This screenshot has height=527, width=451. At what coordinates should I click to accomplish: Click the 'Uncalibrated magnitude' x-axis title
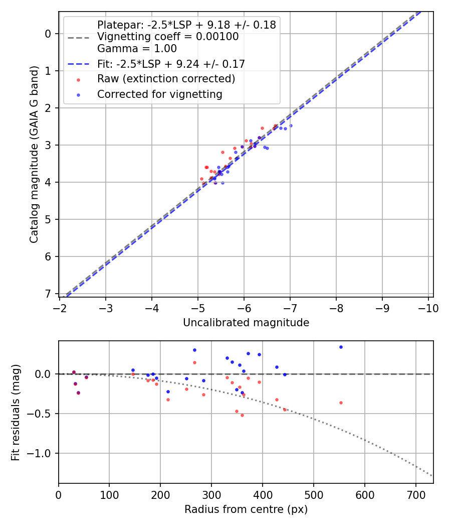[246, 323]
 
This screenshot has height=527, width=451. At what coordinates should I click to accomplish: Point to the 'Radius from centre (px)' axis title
[246, 509]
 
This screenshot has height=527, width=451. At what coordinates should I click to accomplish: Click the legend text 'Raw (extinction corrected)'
[166, 79]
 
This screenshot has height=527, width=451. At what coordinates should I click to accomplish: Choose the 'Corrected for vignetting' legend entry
[159, 94]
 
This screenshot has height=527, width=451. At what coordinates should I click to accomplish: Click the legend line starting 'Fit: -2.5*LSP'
[170, 64]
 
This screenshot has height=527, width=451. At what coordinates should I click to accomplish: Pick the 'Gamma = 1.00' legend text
[137, 49]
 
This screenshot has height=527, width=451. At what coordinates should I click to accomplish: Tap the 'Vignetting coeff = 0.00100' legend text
[168, 37]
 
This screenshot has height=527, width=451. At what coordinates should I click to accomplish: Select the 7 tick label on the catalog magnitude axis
[48, 294]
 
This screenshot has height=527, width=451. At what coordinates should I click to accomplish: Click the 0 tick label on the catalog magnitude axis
[48, 34]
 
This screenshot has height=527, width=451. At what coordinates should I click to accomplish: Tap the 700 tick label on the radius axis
[415, 495]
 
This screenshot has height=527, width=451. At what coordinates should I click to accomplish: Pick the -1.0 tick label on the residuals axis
[42, 453]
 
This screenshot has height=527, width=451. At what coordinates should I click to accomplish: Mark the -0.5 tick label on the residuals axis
[42, 414]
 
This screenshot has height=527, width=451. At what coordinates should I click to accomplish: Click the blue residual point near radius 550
[341, 347]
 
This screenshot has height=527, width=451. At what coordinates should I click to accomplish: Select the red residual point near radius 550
[341, 403]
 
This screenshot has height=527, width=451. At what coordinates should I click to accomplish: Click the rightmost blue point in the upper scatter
[291, 125]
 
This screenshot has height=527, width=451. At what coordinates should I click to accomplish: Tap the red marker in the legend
[78, 79]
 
